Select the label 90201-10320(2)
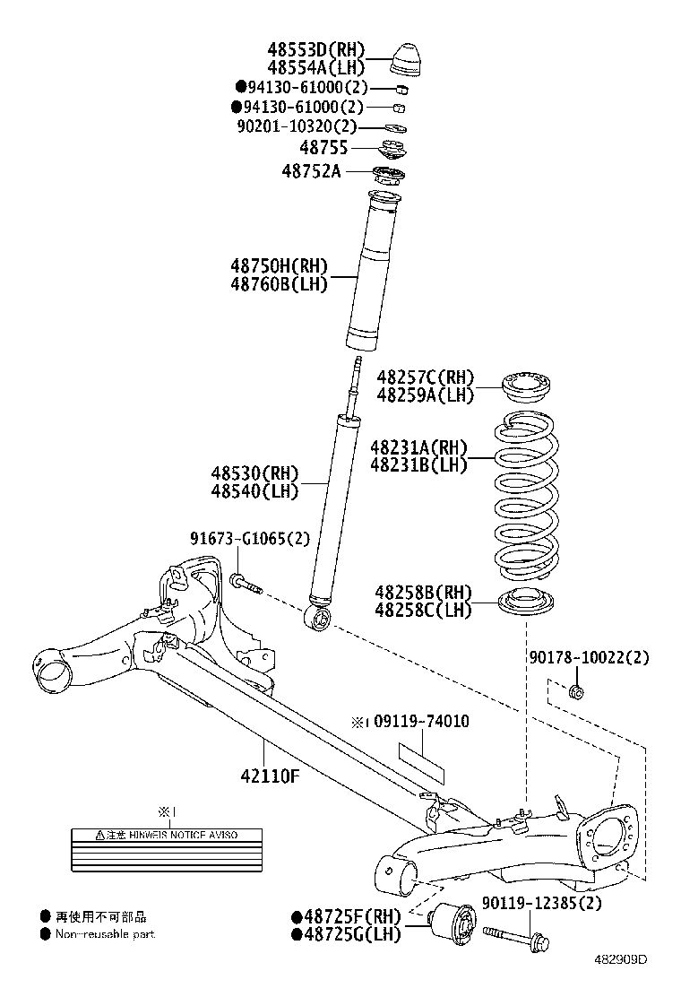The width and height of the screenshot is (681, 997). click(297, 126)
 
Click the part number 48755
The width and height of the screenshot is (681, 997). click(323, 148)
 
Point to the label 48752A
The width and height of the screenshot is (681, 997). click(311, 170)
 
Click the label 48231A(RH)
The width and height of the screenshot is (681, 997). click(418, 446)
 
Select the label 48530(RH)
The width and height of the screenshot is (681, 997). click(254, 472)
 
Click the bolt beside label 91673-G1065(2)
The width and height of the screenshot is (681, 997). click(245, 584)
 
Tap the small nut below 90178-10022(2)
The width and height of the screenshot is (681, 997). click(577, 690)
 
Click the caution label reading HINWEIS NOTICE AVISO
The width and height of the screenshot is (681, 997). click(167, 835)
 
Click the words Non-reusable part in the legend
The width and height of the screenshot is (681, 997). click(105, 934)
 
